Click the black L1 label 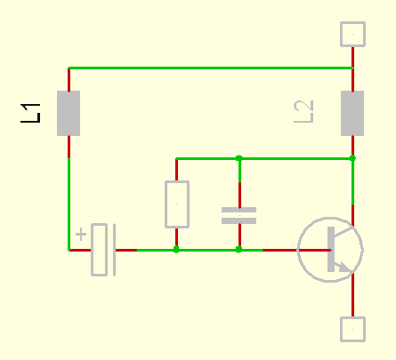tap(30, 113)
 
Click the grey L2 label tap(303, 112)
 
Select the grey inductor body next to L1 tap(69, 113)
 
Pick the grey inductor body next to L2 tap(352, 113)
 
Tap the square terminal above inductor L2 tap(352, 34)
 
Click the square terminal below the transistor tap(352, 329)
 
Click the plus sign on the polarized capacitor tap(81, 235)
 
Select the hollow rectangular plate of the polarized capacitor tap(100, 250)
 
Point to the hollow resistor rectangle tap(177, 204)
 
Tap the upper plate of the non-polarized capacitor tap(238, 210)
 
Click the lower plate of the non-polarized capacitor tap(238, 220)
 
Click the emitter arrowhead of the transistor tap(345, 267)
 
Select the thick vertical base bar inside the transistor tap(331, 249)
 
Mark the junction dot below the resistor tap(176, 250)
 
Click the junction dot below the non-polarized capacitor tap(238, 250)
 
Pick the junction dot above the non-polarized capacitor tap(238, 158)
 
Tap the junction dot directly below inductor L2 tap(352, 158)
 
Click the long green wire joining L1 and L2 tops tap(211, 68)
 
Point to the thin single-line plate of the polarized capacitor tap(115, 250)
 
